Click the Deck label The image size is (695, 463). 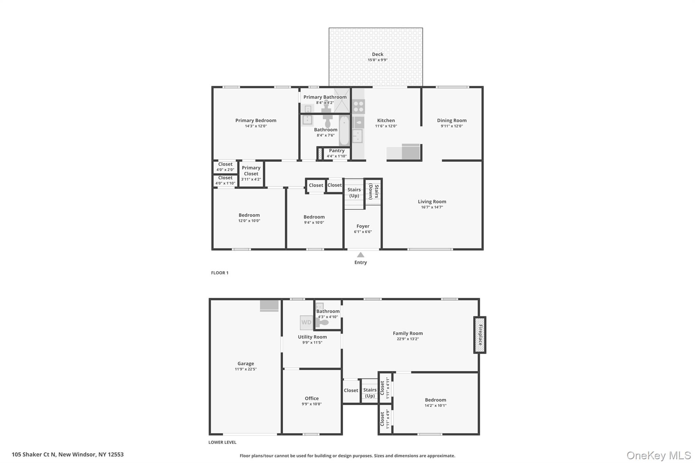[x=377, y=54]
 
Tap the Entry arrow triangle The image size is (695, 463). [x=360, y=255]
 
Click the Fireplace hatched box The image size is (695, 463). [x=480, y=335]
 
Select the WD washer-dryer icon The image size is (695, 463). [x=306, y=323]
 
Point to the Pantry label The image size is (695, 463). [x=337, y=151]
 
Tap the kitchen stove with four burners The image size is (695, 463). [x=358, y=106]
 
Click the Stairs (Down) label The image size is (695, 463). [x=373, y=192]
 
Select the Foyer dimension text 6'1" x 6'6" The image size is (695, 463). [x=363, y=232]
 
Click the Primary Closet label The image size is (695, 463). [x=251, y=171]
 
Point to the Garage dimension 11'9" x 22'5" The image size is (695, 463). [x=246, y=369]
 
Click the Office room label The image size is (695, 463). [x=312, y=399]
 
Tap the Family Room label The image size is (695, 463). [x=408, y=333]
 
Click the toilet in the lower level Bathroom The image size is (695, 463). [x=323, y=323]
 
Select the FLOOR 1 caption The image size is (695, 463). [x=220, y=273]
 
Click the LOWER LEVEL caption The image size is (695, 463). [x=222, y=442]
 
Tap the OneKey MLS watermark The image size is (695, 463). [x=658, y=455]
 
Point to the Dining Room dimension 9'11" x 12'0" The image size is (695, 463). [x=451, y=126]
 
